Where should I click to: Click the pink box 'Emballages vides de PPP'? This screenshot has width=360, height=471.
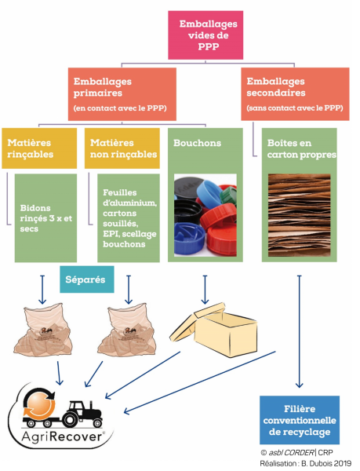207,35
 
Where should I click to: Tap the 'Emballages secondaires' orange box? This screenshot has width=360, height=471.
293,93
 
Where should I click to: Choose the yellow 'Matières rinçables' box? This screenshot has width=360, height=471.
39,148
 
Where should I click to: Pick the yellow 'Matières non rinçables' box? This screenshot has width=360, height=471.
121,148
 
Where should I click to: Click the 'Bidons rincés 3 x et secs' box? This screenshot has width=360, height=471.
46,217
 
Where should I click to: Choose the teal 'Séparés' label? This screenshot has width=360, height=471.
86,279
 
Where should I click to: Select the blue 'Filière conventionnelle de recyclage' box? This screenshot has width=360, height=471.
298,421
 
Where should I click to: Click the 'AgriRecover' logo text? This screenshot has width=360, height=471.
59,436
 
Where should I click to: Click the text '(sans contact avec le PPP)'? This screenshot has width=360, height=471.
294,108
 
